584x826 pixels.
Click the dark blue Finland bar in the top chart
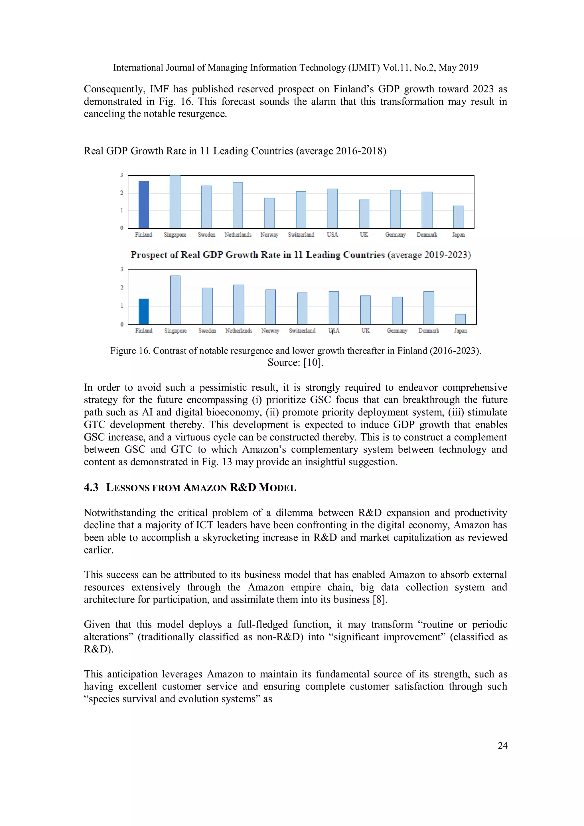click(143, 205)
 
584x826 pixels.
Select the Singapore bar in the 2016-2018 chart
click(175, 202)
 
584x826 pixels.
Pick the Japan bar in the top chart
click(458, 217)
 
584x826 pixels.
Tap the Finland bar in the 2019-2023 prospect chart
click(143, 312)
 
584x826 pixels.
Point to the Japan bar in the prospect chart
click(460, 319)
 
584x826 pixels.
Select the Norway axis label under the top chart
click(269, 235)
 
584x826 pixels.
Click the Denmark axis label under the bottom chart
click(429, 331)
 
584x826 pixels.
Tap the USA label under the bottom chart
click(334, 331)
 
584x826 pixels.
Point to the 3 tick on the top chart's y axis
click(122, 175)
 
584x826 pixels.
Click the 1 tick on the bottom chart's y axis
click(122, 306)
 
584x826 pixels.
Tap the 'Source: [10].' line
click(295, 363)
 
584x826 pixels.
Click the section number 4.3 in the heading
click(91, 488)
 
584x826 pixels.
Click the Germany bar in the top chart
click(395, 209)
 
